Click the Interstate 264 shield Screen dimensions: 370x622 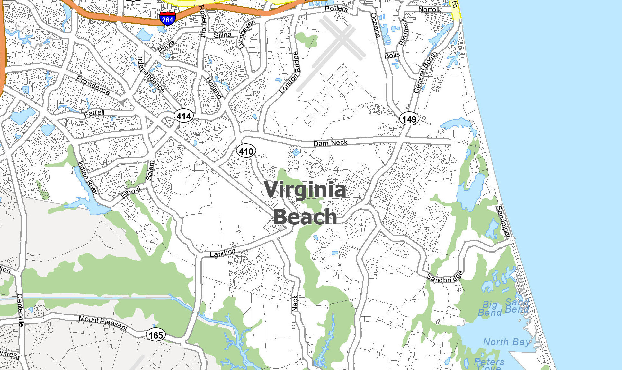coord(167,18)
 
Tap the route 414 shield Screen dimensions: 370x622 coord(184,116)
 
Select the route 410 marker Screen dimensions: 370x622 coord(246,151)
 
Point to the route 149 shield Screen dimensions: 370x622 coord(409,119)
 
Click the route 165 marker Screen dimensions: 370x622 coord(156,335)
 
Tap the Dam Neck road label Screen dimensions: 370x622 coord(330,143)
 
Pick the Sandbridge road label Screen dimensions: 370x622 coord(445,278)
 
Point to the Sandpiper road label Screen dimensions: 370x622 coord(503,222)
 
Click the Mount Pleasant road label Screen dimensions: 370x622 coord(103,323)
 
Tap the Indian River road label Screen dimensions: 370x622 coord(87,178)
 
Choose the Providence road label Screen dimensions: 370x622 coord(93,85)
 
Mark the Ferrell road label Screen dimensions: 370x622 coord(94,113)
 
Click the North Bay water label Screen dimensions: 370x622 coord(507,342)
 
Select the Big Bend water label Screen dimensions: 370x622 coord(490,308)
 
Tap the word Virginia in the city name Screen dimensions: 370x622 coord(305,190)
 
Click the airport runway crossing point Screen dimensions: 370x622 coord(343,38)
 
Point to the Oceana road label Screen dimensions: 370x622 coord(375,25)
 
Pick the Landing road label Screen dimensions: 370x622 coord(222,253)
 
